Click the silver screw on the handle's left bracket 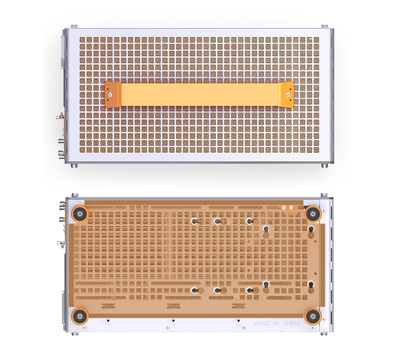point(110,95)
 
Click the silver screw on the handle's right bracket point(288,95)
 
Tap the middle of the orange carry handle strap point(199,95)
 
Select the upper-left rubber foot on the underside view point(79,214)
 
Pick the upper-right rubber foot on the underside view point(313,214)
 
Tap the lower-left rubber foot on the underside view point(79,316)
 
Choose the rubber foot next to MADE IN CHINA point(313,316)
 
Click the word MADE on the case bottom point(261,324)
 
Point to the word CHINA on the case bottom point(291,324)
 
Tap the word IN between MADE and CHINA point(276,324)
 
